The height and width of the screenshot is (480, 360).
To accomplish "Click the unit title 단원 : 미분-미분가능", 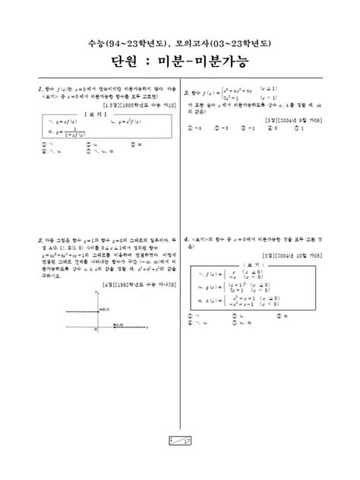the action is [x=180, y=60].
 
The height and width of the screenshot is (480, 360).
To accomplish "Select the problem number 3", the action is [x=186, y=91].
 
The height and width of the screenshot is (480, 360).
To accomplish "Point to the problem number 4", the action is [x=186, y=238].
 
